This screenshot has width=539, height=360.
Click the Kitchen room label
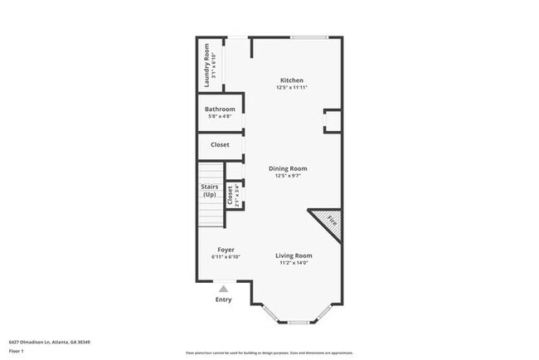292,80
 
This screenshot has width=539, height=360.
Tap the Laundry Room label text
208,65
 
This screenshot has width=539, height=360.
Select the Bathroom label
221,109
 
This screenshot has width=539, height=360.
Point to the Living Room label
294,255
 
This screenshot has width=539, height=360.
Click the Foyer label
226,250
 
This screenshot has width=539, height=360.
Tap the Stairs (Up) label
210,191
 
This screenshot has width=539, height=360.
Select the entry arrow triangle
223,288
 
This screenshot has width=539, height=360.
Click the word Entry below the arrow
223,299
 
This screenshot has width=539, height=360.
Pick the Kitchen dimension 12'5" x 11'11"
292,88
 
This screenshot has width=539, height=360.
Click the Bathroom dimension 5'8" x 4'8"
221,117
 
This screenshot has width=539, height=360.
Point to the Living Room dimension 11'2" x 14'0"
294,263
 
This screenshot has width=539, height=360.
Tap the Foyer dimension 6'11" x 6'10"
226,257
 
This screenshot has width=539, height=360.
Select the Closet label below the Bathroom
220,145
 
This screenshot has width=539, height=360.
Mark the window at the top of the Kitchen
308,37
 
